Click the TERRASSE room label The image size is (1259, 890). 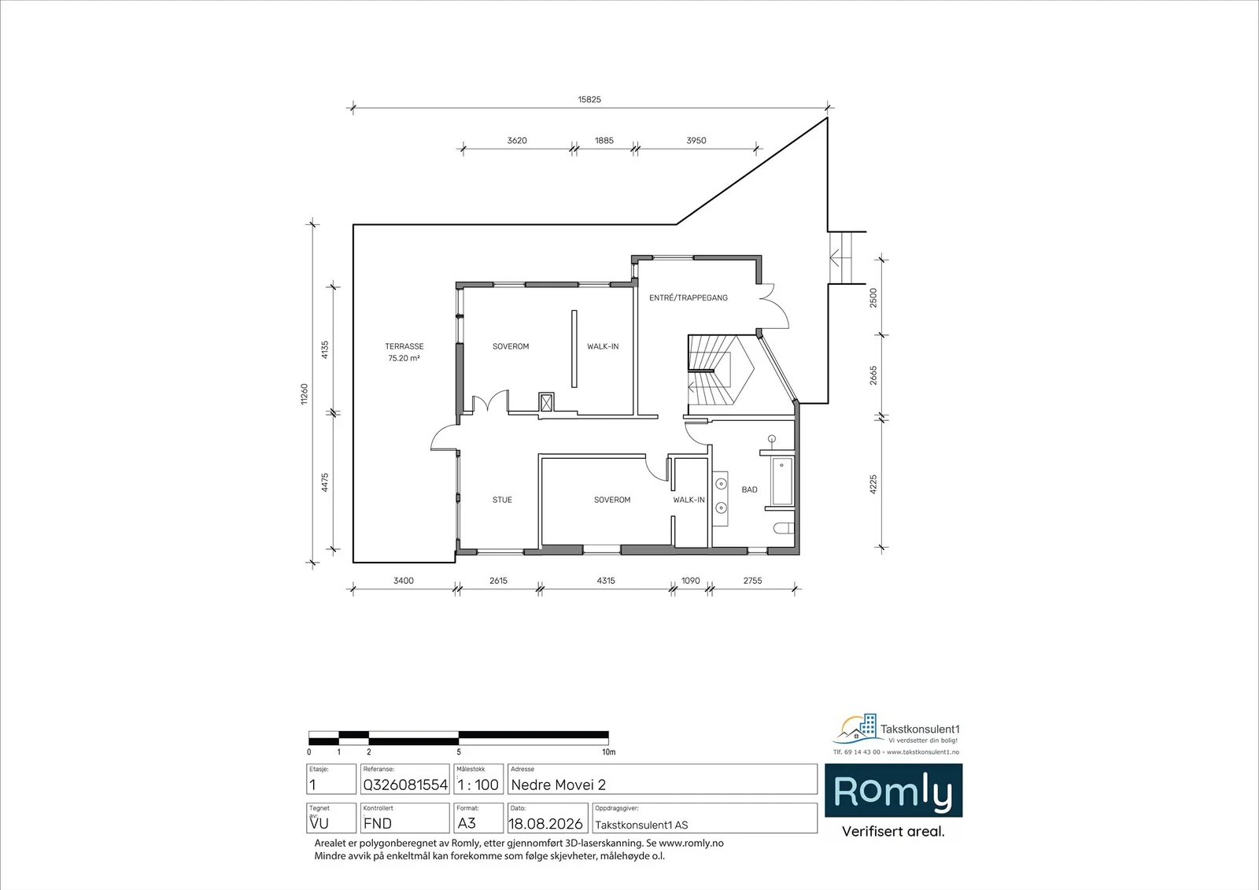tap(404, 346)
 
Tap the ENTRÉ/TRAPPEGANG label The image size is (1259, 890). tap(688, 297)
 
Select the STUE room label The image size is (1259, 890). tap(502, 500)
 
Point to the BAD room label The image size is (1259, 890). tap(749, 489)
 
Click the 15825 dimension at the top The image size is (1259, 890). tap(589, 99)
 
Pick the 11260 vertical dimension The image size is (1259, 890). tap(304, 393)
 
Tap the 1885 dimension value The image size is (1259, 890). tap(604, 141)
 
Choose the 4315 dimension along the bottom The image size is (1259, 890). tap(605, 581)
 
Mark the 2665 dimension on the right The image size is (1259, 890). tap(873, 375)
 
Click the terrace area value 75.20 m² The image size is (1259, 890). tap(404, 358)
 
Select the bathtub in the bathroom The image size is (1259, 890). tap(782, 482)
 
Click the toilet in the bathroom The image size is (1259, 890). tap(784, 528)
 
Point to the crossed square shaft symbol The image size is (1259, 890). tap(546, 403)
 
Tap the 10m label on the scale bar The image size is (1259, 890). tap(609, 752)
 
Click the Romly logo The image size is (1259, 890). tap(893, 791)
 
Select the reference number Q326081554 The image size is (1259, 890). tap(405, 785)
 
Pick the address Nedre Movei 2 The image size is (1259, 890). tap(558, 785)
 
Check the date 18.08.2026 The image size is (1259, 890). tap(545, 824)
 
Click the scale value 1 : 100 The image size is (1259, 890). tap(478, 785)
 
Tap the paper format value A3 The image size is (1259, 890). tap(467, 824)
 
